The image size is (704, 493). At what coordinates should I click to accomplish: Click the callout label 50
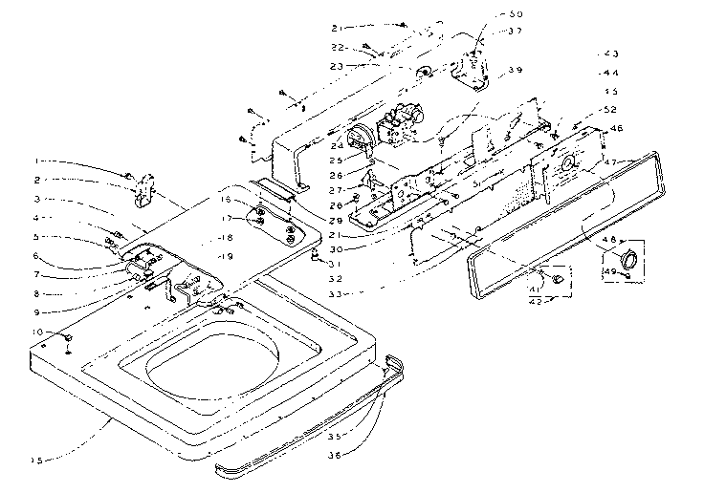pyautogui.click(x=490, y=14)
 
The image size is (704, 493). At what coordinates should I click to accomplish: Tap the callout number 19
pyautogui.click(x=226, y=257)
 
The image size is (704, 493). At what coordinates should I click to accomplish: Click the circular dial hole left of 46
pyautogui.click(x=569, y=163)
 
